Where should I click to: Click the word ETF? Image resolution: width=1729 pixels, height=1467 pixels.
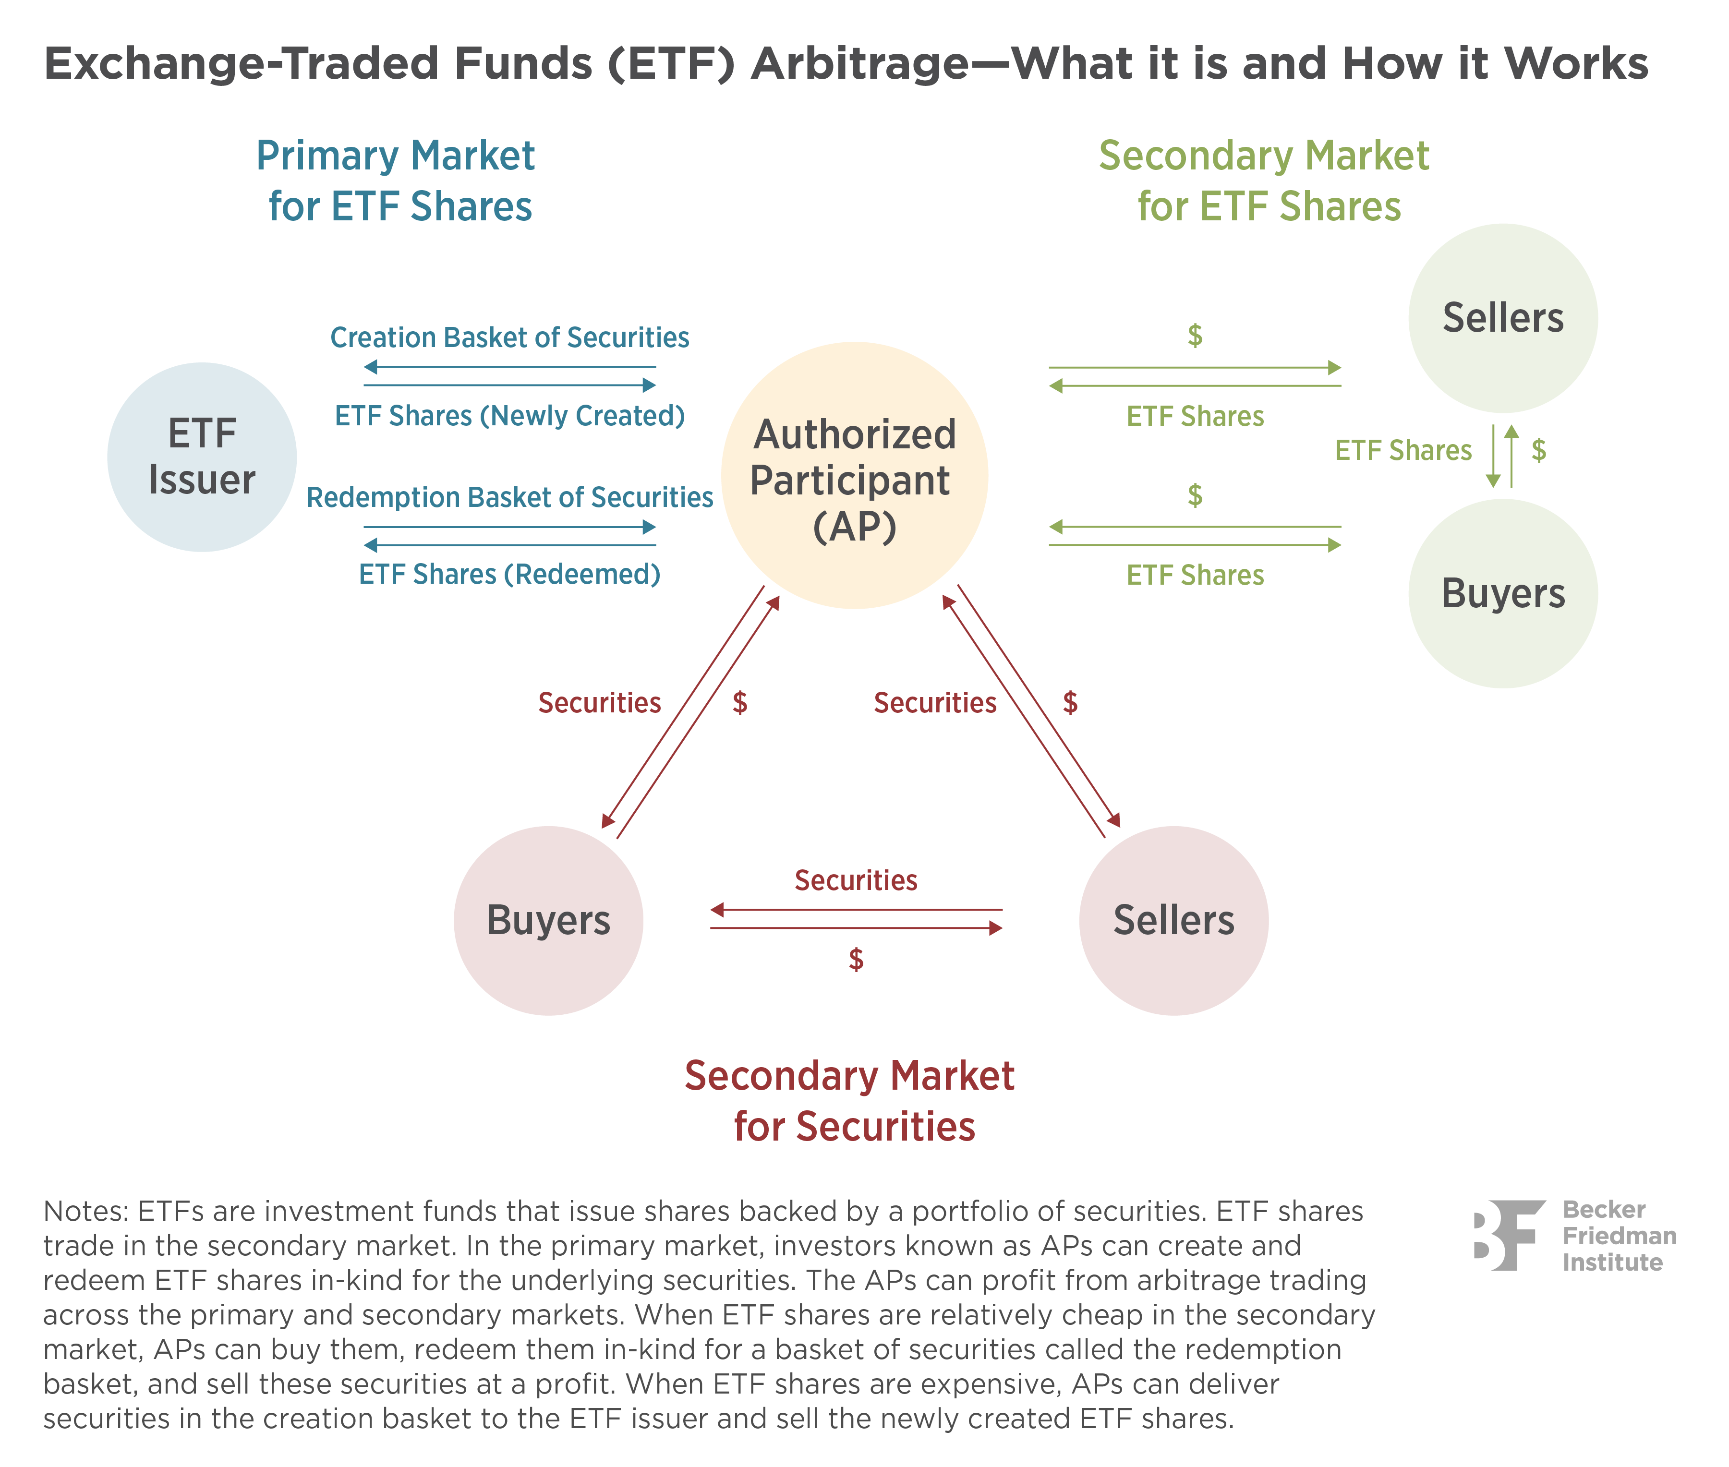[202, 433]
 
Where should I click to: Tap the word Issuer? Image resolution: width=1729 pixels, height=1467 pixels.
[202, 480]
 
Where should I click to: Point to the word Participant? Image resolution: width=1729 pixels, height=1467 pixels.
[850, 481]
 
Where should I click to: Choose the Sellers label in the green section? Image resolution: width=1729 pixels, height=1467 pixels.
[1503, 318]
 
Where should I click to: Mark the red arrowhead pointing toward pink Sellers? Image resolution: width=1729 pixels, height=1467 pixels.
[996, 927]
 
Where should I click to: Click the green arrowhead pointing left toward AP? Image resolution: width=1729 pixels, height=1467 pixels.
[1057, 527]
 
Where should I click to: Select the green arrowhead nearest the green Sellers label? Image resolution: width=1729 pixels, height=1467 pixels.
[1334, 367]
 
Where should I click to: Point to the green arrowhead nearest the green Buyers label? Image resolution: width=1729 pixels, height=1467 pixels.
[1334, 545]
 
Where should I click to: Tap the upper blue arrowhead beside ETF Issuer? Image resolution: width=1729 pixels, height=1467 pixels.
[649, 385]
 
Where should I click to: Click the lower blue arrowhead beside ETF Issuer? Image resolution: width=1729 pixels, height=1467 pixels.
[649, 527]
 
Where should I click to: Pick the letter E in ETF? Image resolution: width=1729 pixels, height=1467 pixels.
[179, 433]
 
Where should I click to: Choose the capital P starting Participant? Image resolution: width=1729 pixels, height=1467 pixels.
[761, 481]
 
